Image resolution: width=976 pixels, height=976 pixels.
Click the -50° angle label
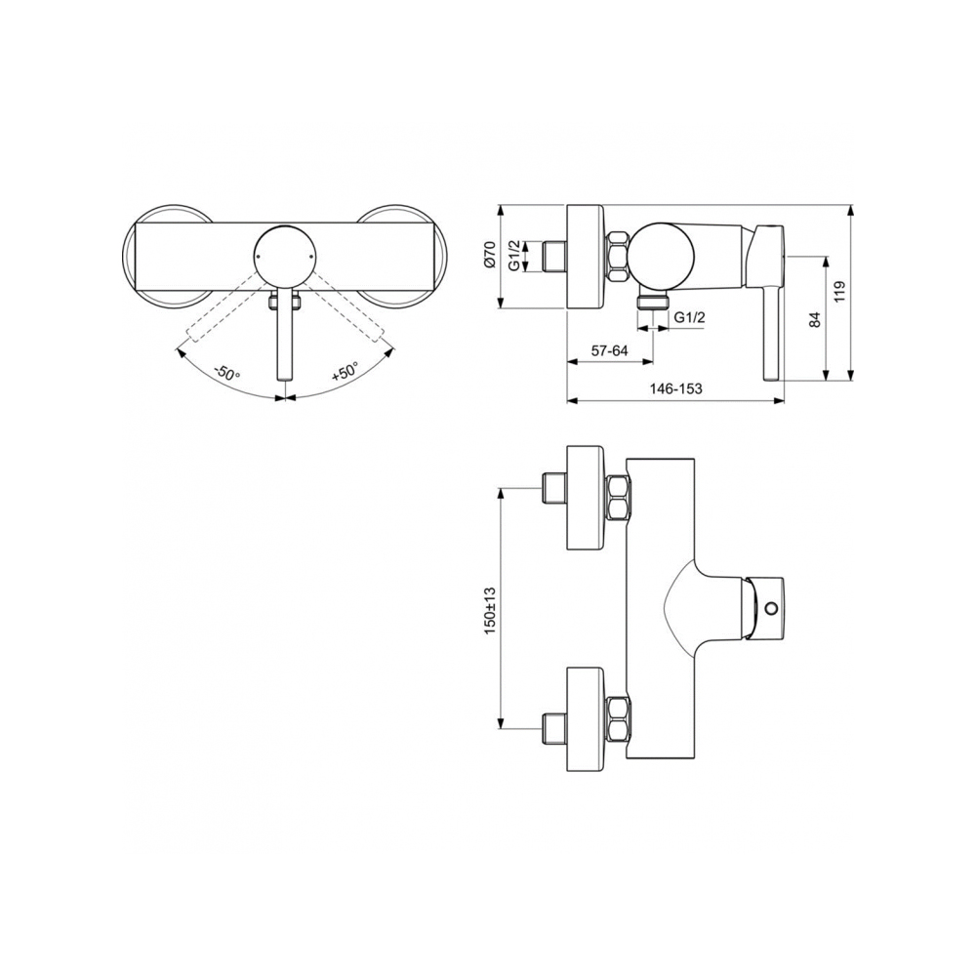point(227,373)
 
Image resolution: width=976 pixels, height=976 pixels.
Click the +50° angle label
point(345,372)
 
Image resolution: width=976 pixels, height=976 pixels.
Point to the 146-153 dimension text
point(676,388)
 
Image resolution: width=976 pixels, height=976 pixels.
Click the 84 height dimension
point(815,318)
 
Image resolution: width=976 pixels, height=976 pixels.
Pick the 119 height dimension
point(840,293)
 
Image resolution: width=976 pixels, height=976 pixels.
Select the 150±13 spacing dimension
point(490,610)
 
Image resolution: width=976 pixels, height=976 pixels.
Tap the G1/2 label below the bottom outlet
point(690,316)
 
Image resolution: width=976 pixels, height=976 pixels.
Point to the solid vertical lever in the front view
point(284,337)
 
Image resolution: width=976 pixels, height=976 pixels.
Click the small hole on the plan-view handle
point(773,609)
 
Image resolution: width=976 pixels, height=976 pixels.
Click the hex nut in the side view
point(620,257)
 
